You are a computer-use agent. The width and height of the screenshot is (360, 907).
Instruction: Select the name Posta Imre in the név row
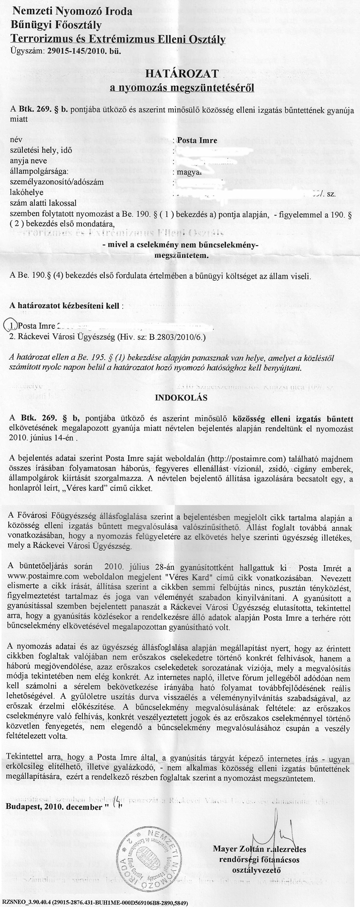(197, 140)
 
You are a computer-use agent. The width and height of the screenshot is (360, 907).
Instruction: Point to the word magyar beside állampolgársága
(189, 171)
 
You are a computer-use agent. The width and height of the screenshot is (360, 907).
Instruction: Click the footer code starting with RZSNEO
(95, 903)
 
